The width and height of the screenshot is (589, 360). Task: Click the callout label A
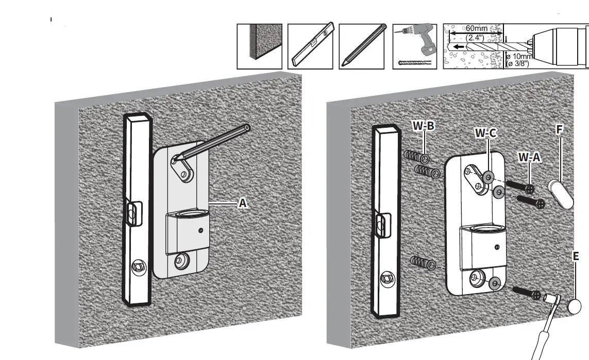click(243, 203)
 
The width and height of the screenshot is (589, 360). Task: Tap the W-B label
click(424, 125)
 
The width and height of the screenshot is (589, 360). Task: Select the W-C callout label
click(486, 133)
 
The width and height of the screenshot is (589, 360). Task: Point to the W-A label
click(530, 157)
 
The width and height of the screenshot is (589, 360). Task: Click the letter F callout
click(559, 129)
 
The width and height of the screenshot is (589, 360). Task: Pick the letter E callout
click(576, 256)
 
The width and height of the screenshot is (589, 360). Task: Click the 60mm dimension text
click(476, 28)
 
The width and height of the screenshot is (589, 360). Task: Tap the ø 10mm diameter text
click(519, 57)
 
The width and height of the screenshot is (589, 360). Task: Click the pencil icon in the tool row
click(361, 46)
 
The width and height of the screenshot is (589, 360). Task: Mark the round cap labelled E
click(574, 306)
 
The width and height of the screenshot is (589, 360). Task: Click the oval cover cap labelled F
click(560, 194)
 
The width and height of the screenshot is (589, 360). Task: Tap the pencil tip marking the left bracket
click(174, 159)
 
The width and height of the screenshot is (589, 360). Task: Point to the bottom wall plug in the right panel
click(424, 263)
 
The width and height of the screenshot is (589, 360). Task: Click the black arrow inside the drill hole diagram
click(458, 47)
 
